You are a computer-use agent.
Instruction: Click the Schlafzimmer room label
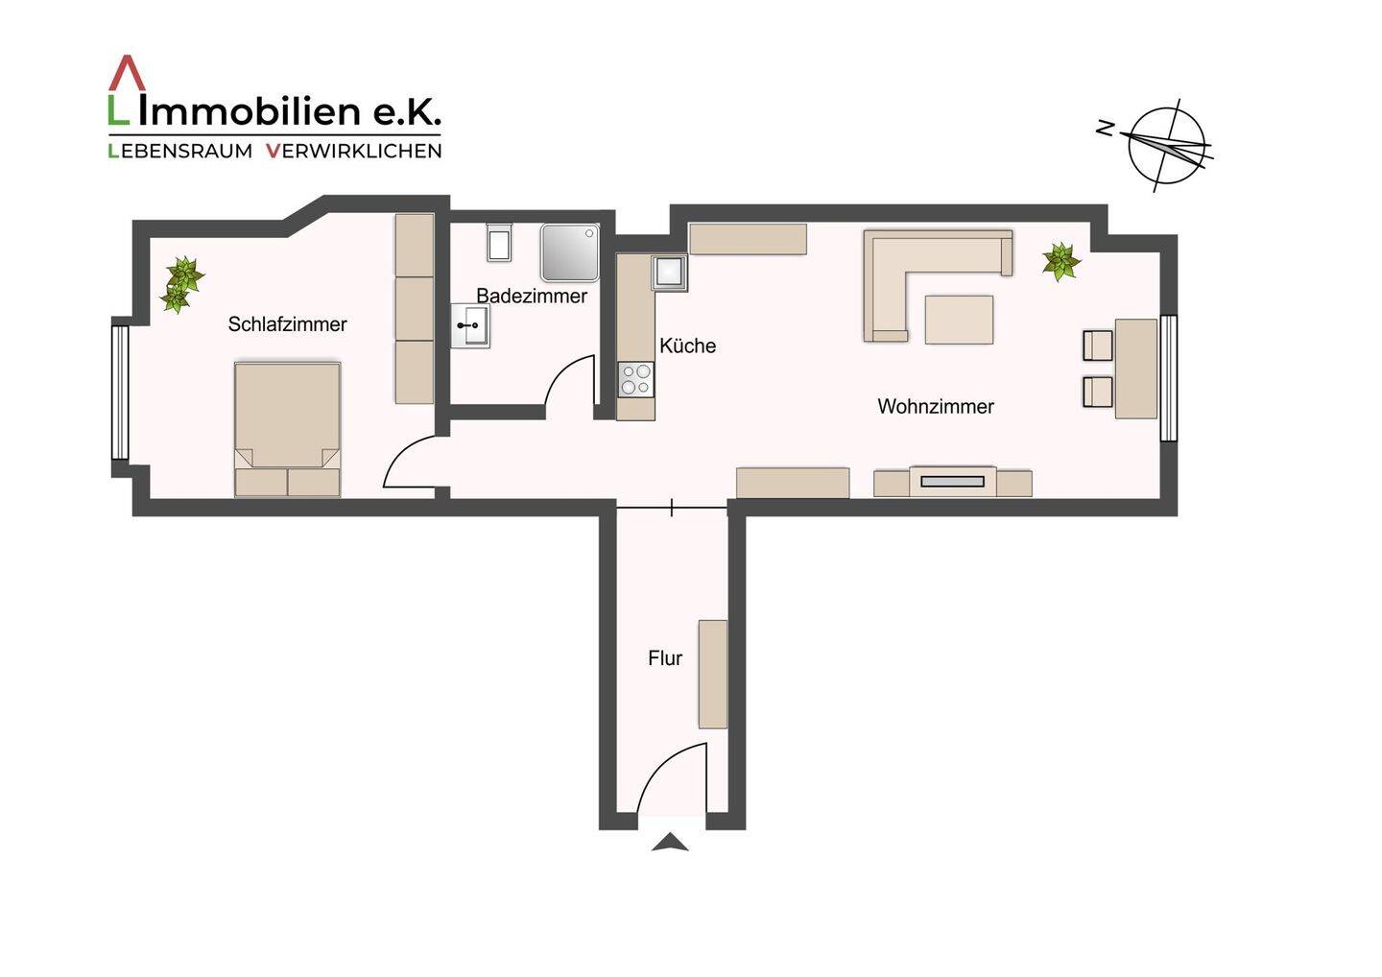[x=287, y=324]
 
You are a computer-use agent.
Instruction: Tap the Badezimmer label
[x=532, y=296]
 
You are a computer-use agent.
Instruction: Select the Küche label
[x=687, y=346]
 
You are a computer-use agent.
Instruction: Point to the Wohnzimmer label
[x=935, y=406]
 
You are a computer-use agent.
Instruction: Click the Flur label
[x=665, y=658]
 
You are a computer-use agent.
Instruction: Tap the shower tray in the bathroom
[x=569, y=252]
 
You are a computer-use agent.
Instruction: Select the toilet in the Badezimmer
[x=499, y=243]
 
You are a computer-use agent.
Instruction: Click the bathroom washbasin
[x=471, y=326]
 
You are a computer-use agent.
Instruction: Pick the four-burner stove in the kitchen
[x=635, y=379]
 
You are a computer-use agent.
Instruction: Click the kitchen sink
[x=669, y=273]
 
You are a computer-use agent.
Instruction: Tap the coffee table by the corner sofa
[x=959, y=320]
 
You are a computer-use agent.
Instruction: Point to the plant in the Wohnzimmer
[x=1060, y=261]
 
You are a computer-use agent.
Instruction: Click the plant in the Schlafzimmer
[x=180, y=284]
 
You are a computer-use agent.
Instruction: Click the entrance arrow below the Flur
[x=670, y=843]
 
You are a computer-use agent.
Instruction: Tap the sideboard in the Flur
[x=712, y=674]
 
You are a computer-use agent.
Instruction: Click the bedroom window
[x=120, y=393]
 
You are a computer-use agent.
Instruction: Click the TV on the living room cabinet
[x=952, y=481]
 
